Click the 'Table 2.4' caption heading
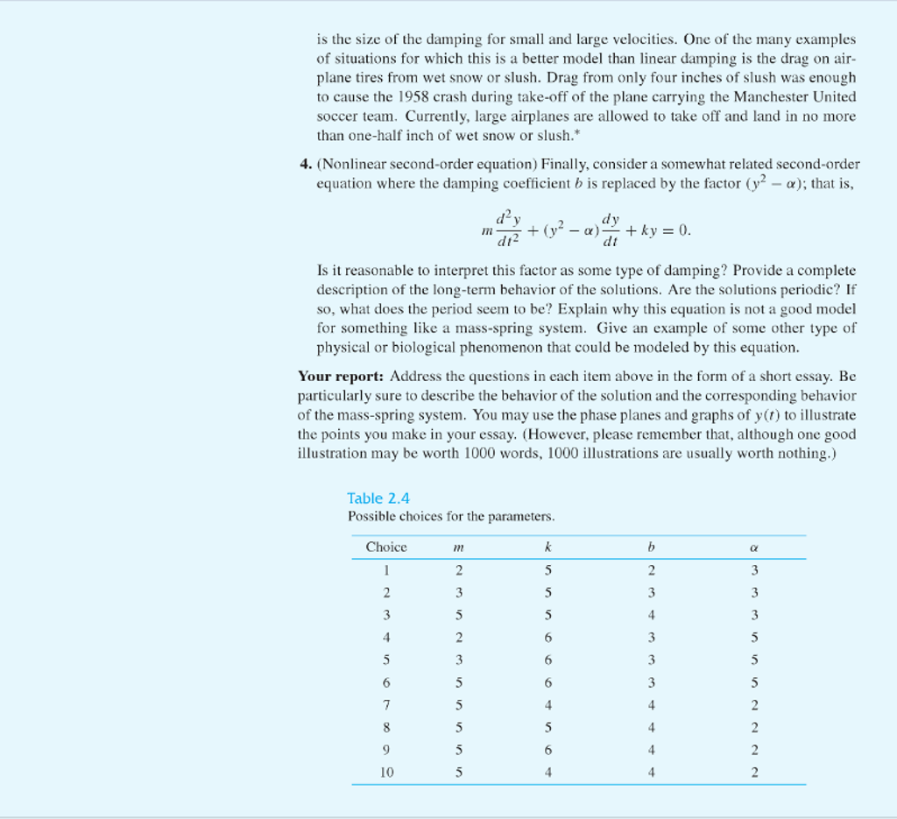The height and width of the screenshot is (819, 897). (x=378, y=499)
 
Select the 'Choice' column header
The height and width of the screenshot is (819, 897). (x=386, y=547)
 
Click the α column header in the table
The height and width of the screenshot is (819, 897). (x=752, y=547)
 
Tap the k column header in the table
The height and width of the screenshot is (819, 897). (x=547, y=547)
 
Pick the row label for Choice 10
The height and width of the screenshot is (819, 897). (x=386, y=773)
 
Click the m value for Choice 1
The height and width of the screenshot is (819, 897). (x=458, y=570)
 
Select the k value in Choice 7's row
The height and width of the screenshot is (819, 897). (x=547, y=705)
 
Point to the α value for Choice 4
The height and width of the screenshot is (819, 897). (x=752, y=638)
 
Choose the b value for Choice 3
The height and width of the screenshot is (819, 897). (x=651, y=615)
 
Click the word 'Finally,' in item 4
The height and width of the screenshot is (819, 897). (x=566, y=165)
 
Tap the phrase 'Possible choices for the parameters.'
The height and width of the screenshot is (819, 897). (x=451, y=517)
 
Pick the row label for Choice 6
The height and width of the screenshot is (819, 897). (x=386, y=682)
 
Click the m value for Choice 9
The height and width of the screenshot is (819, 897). (x=458, y=750)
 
